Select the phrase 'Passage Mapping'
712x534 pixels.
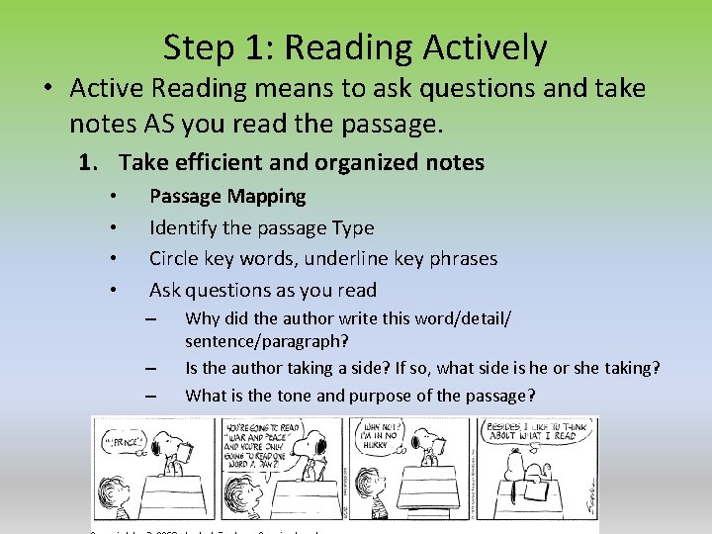click(x=227, y=196)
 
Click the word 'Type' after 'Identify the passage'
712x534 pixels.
click(x=353, y=227)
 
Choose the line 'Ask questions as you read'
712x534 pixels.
click(x=263, y=290)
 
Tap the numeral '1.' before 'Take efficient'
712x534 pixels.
click(x=95, y=162)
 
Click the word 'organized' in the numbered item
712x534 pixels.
click(x=340, y=162)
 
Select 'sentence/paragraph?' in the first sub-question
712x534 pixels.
click(x=266, y=341)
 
